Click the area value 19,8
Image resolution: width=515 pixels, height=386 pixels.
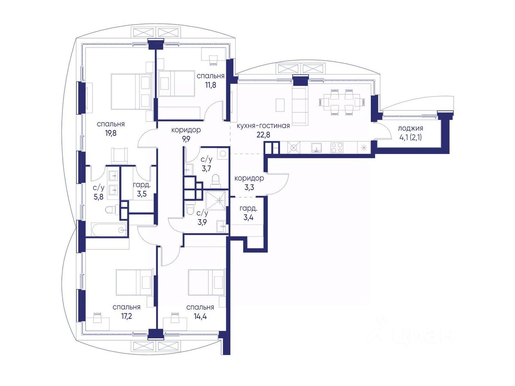(x=111, y=133)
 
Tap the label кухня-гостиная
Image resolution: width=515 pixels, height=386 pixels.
(x=263, y=126)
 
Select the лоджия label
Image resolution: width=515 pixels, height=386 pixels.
(x=410, y=128)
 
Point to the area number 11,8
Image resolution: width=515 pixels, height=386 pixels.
(x=211, y=84)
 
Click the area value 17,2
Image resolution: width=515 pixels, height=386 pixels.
(x=127, y=317)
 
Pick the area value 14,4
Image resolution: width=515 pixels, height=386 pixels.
(x=200, y=317)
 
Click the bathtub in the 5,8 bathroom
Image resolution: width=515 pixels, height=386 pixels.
(x=109, y=230)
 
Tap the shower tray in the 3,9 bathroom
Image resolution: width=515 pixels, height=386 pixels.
(x=215, y=200)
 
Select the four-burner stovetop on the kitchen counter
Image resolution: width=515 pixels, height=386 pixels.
(x=337, y=148)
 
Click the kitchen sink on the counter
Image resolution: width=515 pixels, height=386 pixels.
(x=316, y=148)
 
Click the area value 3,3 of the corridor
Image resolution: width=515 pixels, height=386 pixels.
(x=249, y=187)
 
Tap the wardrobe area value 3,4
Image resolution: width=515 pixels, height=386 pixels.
(x=248, y=217)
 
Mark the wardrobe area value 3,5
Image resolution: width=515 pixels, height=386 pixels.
(x=142, y=194)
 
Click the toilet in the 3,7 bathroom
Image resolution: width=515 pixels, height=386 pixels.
(x=215, y=181)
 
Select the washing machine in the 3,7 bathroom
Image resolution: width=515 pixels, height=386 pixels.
(x=223, y=154)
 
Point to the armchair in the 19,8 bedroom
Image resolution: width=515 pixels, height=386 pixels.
(x=119, y=155)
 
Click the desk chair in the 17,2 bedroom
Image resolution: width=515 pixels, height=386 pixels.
(x=97, y=318)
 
